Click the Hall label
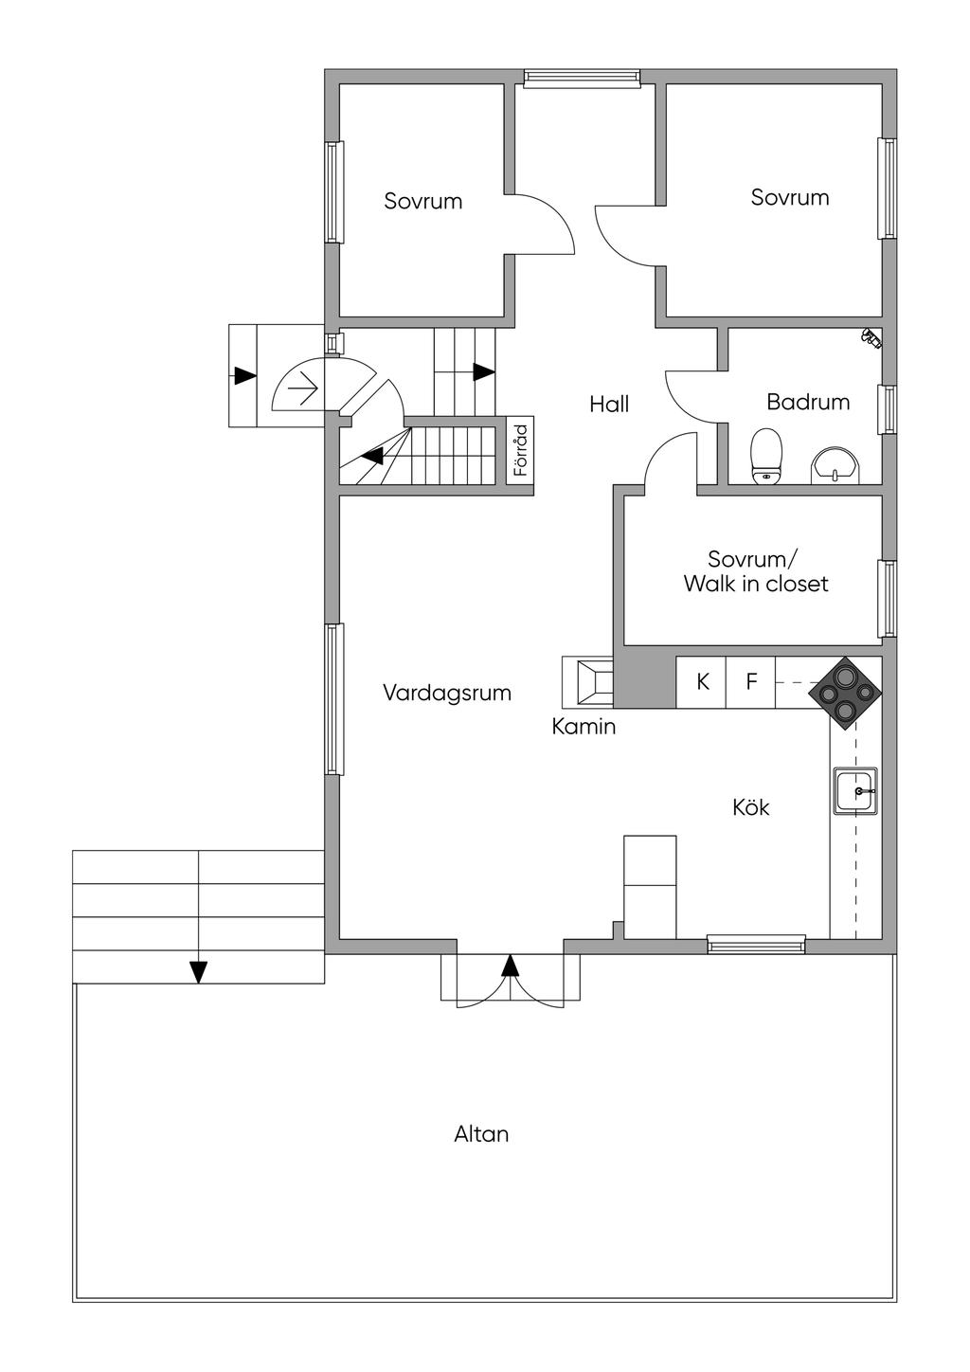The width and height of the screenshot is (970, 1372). click(x=609, y=405)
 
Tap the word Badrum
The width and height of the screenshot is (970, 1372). click(x=808, y=402)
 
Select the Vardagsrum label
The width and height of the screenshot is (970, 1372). click(x=447, y=694)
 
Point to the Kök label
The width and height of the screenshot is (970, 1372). click(x=751, y=807)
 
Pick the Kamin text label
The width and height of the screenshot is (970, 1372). click(x=584, y=727)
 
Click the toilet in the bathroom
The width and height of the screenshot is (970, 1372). click(x=766, y=457)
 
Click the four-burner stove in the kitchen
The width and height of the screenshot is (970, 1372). click(x=845, y=694)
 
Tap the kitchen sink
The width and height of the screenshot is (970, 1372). click(x=854, y=791)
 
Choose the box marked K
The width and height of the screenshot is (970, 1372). click(x=701, y=682)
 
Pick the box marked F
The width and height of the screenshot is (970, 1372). click(x=751, y=682)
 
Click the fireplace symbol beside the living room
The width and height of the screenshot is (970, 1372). click(x=587, y=681)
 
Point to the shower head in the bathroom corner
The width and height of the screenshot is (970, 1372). click(x=871, y=337)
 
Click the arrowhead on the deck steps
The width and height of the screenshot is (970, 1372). click(x=198, y=972)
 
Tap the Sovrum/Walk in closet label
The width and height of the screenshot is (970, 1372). click(x=756, y=571)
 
